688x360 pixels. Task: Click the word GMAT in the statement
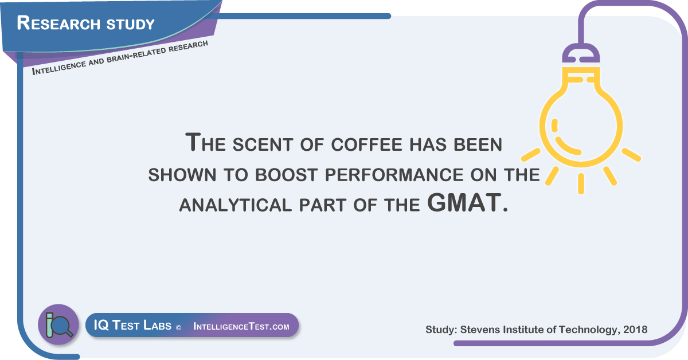point(464,202)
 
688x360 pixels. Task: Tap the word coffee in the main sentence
point(367,144)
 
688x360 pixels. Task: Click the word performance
point(394,175)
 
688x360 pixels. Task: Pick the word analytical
point(235,205)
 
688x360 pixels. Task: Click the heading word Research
point(58,23)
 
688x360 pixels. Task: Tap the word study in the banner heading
point(130,24)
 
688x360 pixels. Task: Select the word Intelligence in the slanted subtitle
point(59,68)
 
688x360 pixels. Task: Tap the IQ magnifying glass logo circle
point(58,324)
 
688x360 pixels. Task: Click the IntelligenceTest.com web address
point(241,326)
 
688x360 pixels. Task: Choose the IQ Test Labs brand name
point(132,325)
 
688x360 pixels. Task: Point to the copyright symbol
point(178,328)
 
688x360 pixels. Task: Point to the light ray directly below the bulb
point(581,183)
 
